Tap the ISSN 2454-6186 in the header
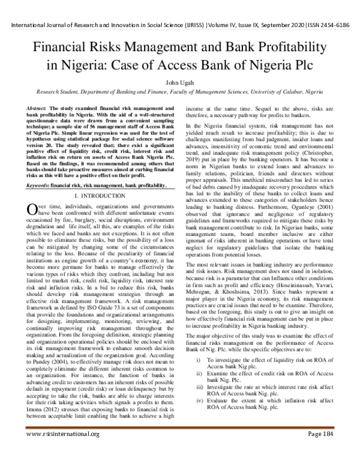[x=332, y=27]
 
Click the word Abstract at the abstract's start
[x=37, y=107]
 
